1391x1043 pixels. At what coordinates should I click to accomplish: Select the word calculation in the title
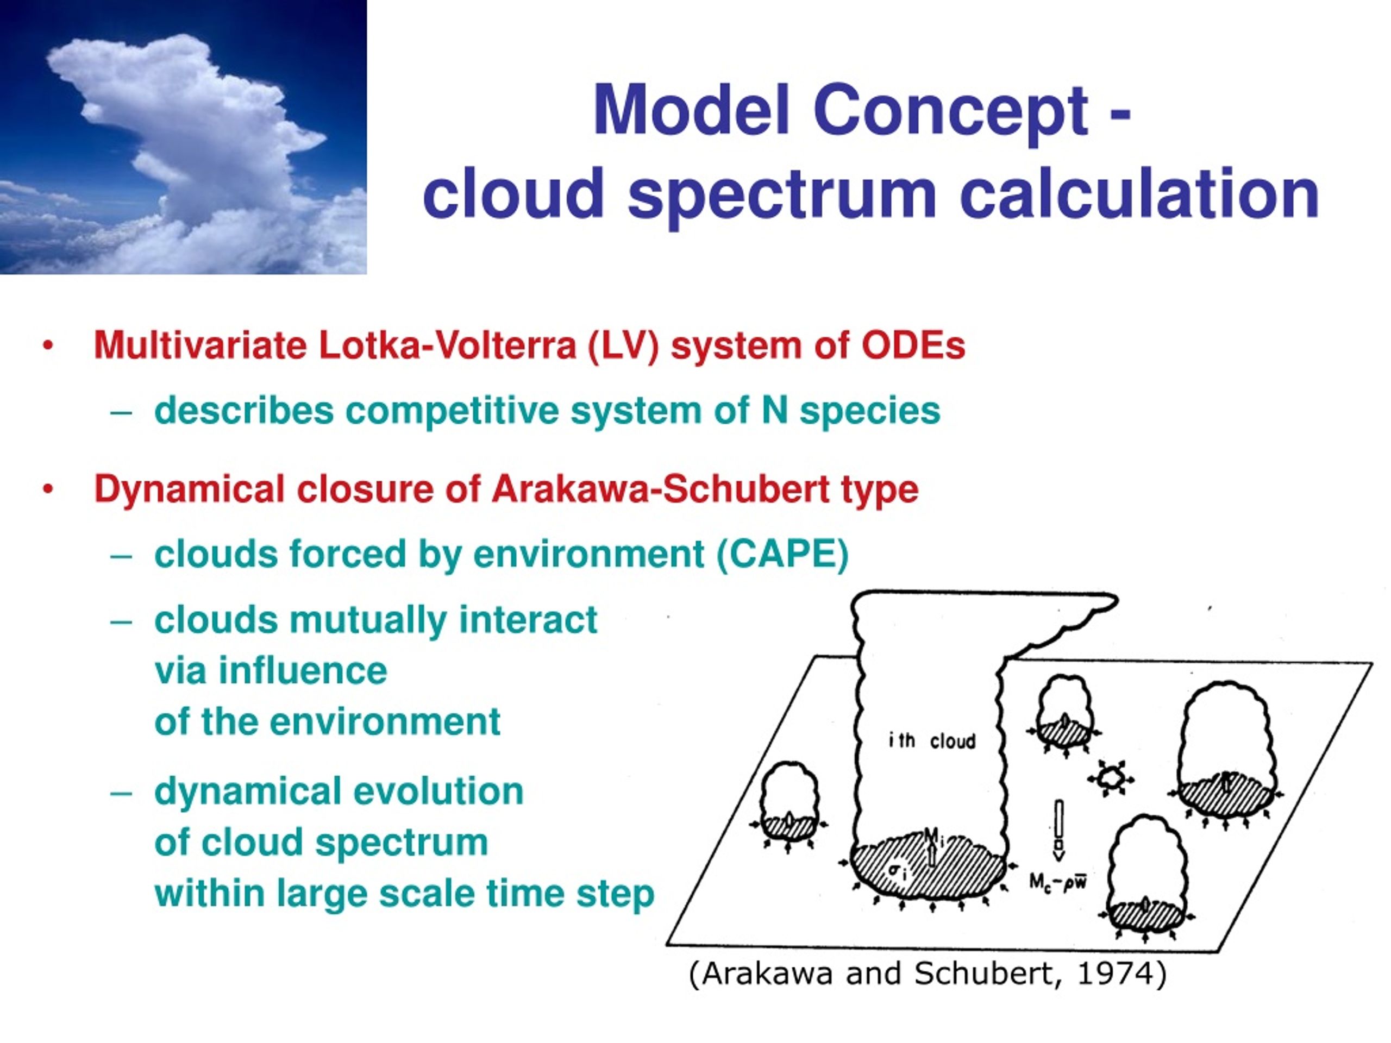(1139, 192)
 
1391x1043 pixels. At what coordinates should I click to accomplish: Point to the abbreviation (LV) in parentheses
(623, 347)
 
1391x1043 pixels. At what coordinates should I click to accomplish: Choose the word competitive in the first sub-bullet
(452, 412)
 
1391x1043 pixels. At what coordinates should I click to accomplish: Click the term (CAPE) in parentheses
(782, 555)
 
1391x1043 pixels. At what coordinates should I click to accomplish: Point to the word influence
(303, 670)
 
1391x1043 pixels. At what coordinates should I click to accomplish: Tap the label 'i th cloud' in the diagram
(932, 741)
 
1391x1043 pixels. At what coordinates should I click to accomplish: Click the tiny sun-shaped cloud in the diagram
(1111, 778)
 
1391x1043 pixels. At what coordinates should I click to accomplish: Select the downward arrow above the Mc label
(1058, 831)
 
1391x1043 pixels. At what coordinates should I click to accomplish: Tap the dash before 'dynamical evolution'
(121, 793)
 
